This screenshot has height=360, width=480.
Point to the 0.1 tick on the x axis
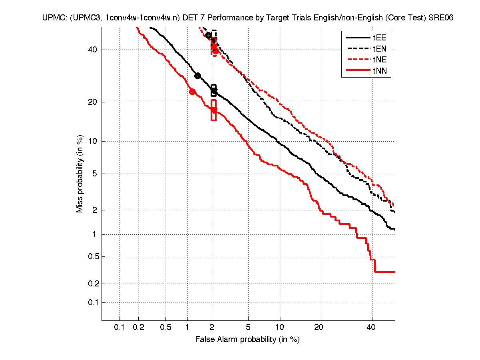click(120, 328)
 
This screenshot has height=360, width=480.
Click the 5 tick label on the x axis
click(248, 328)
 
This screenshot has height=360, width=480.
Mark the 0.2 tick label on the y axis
click(93, 284)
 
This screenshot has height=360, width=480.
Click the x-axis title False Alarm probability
click(247, 340)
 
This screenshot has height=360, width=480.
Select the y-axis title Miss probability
click(80, 173)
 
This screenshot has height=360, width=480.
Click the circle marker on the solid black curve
click(197, 76)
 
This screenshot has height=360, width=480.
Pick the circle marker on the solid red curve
click(192, 92)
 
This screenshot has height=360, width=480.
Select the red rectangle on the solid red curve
click(214, 110)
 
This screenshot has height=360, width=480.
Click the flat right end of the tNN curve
click(384, 272)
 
